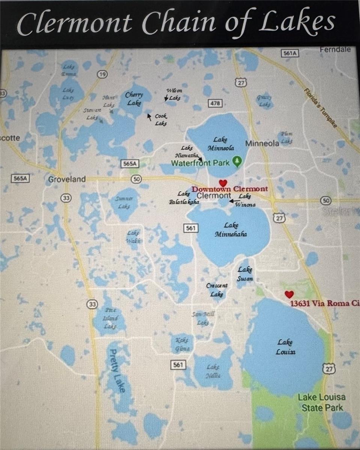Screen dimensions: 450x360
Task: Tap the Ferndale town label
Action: click(x=335, y=49)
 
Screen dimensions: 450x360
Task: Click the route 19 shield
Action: click(x=102, y=74)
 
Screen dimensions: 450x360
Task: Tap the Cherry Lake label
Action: click(x=134, y=99)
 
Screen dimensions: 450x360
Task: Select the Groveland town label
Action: click(x=67, y=179)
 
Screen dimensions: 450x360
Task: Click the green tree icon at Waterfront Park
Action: click(x=237, y=162)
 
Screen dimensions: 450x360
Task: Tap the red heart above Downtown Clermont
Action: click(x=223, y=183)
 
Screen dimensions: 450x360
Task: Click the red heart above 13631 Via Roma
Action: click(x=288, y=294)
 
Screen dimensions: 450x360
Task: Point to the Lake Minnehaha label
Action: click(x=231, y=230)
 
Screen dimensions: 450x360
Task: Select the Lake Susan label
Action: click(x=245, y=274)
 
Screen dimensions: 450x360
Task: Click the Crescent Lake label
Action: click(x=217, y=290)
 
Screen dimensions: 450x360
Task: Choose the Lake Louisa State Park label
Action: click(x=322, y=402)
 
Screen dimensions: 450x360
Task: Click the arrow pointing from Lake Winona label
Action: click(x=233, y=200)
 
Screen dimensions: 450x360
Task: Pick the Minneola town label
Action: click(x=262, y=143)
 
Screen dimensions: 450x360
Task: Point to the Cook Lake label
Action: click(x=161, y=120)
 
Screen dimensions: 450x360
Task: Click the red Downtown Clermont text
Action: click(x=230, y=189)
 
